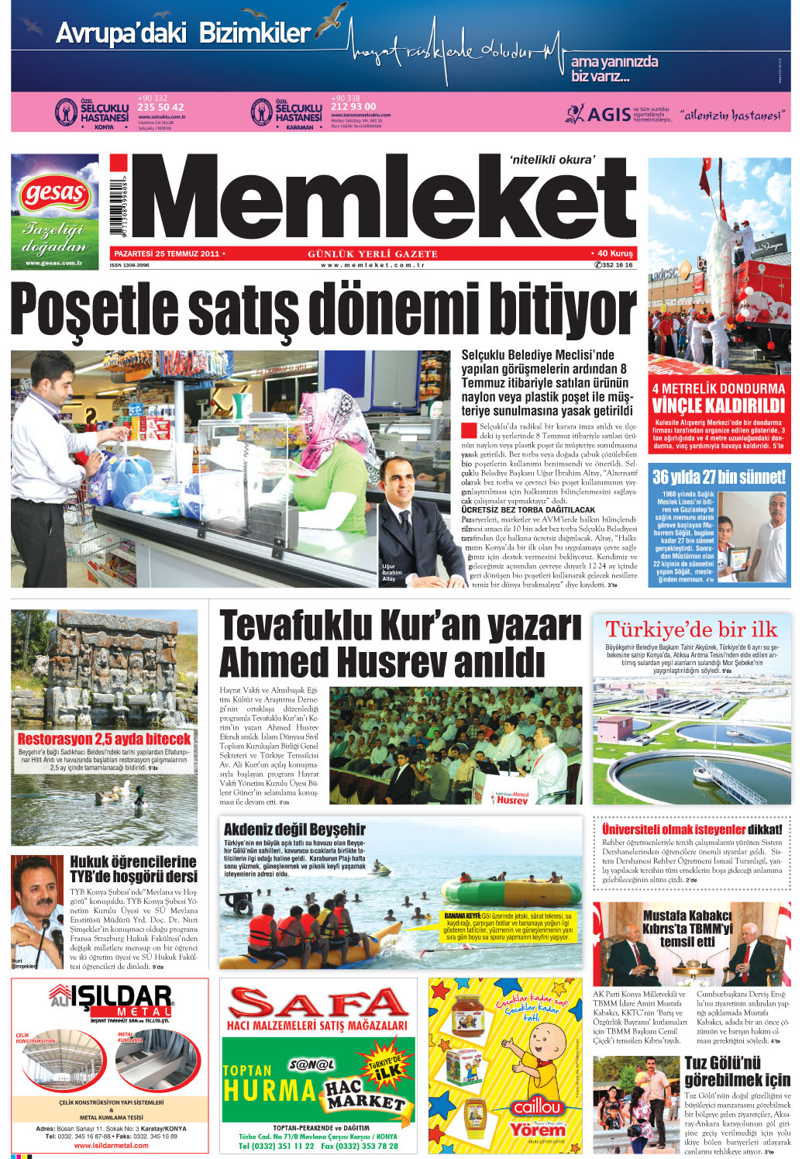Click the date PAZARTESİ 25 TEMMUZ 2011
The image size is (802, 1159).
pyautogui.click(x=167, y=254)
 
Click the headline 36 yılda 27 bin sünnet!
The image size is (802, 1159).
pyautogui.click(x=718, y=477)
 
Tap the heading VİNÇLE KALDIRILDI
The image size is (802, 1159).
pyautogui.click(x=718, y=405)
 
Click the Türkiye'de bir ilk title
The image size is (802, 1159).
pyautogui.click(x=691, y=630)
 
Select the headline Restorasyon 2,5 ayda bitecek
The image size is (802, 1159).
pyautogui.click(x=104, y=739)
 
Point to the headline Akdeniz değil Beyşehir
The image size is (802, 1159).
pyautogui.click(x=294, y=830)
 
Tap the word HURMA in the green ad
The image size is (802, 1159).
pyautogui.click(x=269, y=1090)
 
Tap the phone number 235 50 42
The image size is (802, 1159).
pyautogui.click(x=160, y=107)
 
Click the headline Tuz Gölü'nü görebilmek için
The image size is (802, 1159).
pyautogui.click(x=736, y=1071)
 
